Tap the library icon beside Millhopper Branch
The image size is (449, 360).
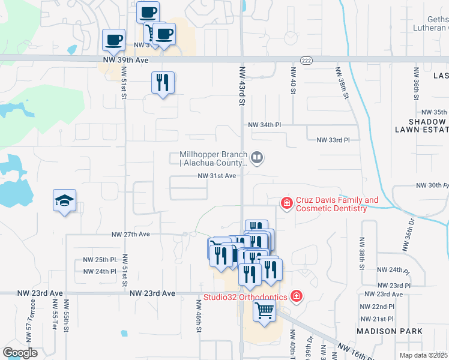257,157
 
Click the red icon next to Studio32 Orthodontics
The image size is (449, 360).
295,296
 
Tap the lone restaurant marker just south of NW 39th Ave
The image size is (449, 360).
163,83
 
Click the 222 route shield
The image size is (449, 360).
305,59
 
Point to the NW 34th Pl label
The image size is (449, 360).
265,125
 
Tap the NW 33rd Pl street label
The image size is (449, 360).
333,140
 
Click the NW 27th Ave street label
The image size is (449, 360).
130,234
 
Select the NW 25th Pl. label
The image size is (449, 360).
100,260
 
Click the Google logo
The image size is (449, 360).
20,353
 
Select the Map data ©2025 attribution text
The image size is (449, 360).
424,355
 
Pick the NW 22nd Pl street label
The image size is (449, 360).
377,306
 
